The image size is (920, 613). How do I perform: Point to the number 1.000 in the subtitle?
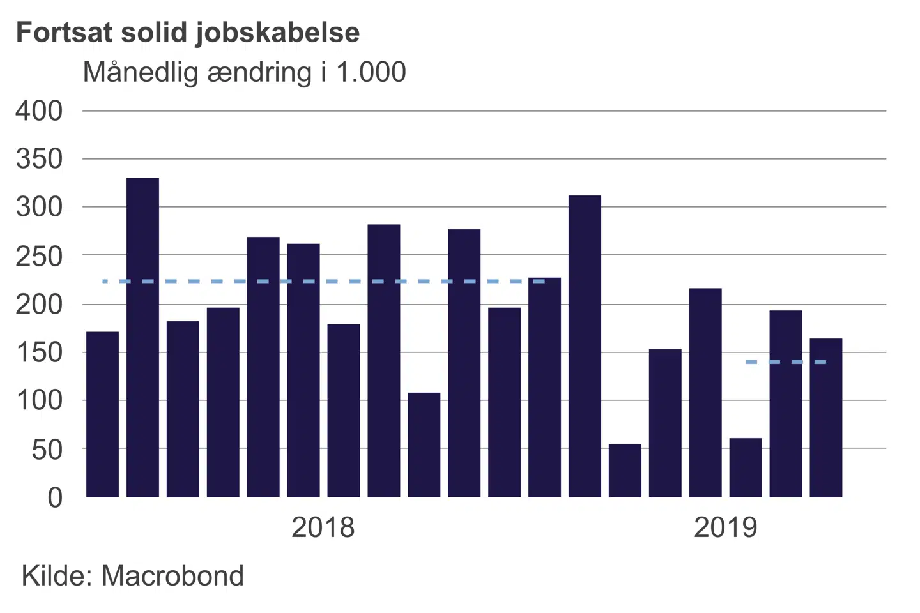click(371, 73)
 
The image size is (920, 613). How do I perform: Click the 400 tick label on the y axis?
click(40, 111)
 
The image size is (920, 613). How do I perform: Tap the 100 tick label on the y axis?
click(40, 401)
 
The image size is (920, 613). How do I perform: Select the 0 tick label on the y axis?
click(56, 497)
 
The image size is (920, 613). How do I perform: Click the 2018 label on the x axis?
click(323, 527)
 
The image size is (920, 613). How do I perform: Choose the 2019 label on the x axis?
click(725, 527)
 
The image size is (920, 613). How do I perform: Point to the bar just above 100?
click(424, 444)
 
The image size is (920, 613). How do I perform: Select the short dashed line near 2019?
click(786, 362)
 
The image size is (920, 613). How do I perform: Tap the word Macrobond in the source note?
click(172, 576)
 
